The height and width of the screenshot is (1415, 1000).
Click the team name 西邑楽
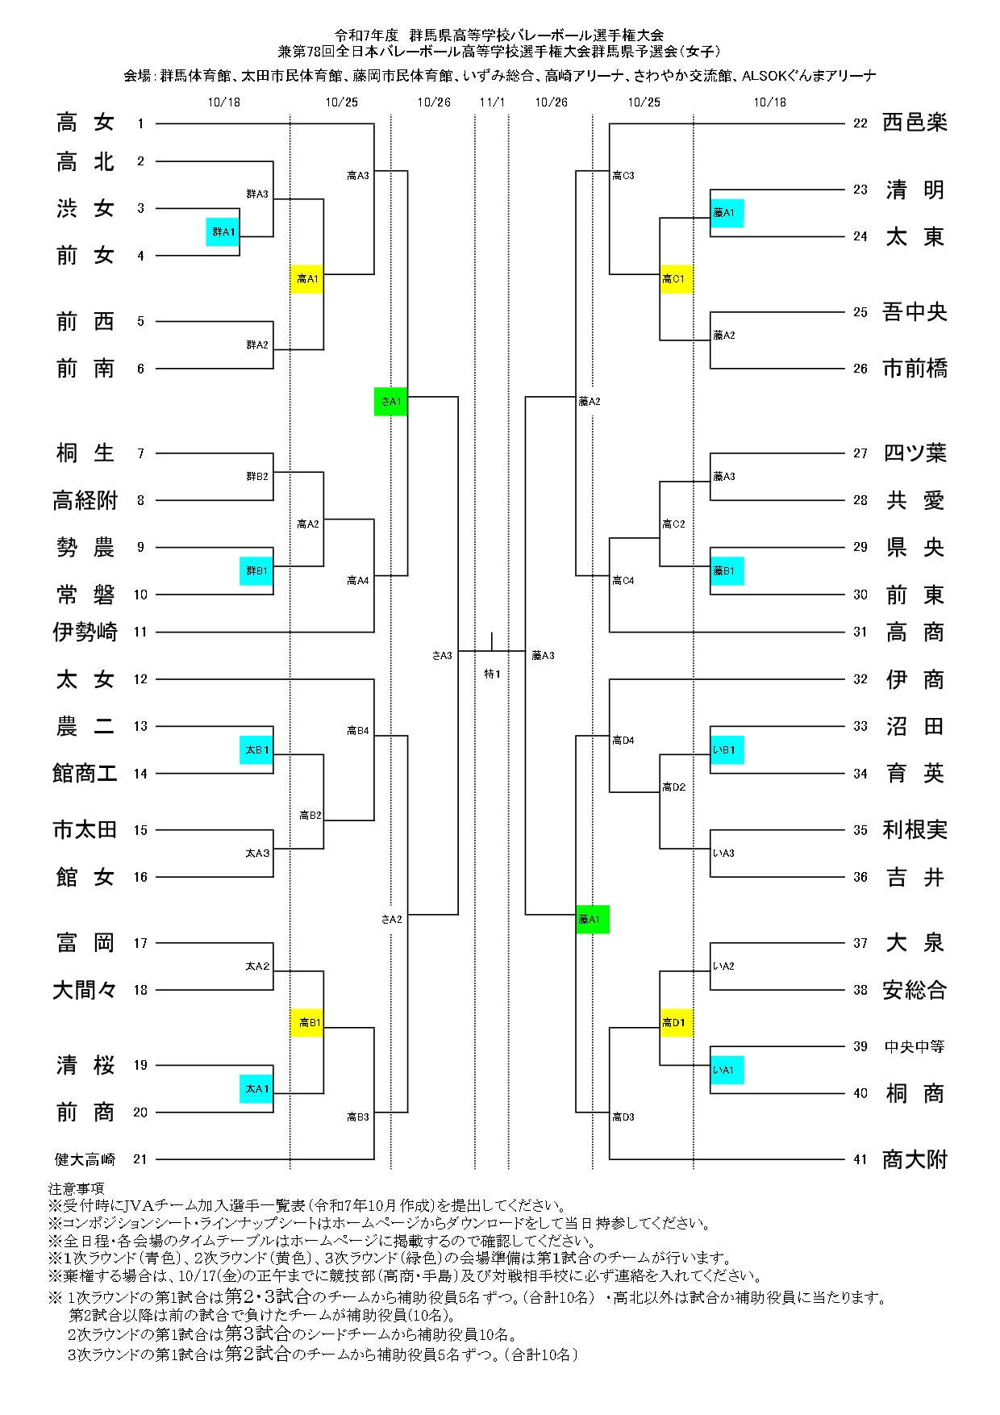[x=915, y=123]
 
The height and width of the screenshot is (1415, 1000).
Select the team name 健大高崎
[x=85, y=1159]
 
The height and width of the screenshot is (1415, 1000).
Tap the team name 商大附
[x=915, y=1159]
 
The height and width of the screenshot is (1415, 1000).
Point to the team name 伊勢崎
[x=85, y=632]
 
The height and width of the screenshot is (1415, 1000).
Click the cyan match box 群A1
[x=223, y=232]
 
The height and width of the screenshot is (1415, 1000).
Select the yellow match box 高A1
[x=307, y=279]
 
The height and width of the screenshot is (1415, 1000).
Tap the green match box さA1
[x=391, y=401]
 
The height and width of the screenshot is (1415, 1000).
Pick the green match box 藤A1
[x=593, y=919]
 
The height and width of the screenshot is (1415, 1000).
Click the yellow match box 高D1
[x=677, y=1023]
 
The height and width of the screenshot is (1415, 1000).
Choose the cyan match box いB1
[x=727, y=750]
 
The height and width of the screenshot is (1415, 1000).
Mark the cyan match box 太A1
[x=256, y=1089]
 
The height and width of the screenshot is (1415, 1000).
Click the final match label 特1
[x=492, y=674]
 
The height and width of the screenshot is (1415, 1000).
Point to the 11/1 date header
[x=492, y=102]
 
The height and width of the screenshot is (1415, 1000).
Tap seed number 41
[x=860, y=1159]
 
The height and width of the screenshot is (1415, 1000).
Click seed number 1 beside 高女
[x=140, y=123]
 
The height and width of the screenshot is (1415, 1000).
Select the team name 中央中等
[x=915, y=1046]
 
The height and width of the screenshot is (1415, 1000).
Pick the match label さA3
[x=442, y=656]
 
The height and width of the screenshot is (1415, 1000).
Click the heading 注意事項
[x=76, y=1188]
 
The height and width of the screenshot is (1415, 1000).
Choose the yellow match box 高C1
[x=677, y=279]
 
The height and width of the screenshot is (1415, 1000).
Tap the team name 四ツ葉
[x=915, y=453]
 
